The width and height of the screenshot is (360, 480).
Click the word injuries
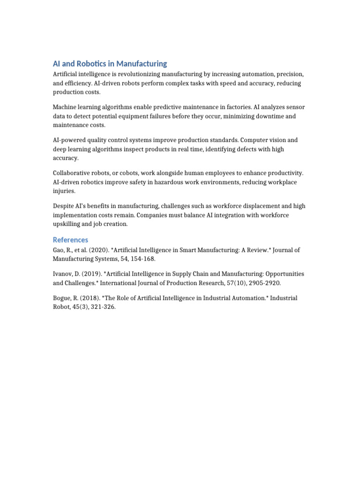64,191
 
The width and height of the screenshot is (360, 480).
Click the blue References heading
70,240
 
